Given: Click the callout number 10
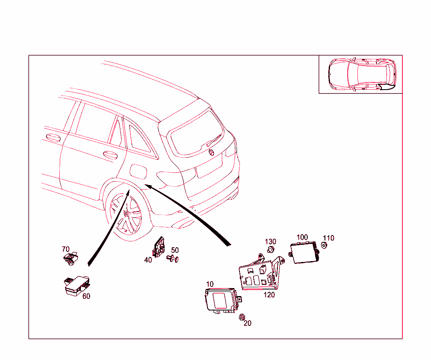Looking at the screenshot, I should tap(210, 285).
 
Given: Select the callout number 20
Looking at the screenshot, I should tap(247, 323).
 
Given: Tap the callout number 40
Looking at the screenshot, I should tap(148, 260).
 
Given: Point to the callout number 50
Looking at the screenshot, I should tap(175, 250).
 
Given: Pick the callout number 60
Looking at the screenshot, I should tap(86, 296).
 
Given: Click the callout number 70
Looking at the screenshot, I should tap(66, 249).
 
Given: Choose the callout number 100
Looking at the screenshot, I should tap(302, 237).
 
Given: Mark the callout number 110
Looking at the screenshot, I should tap(328, 238).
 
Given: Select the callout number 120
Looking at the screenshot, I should tap(269, 295).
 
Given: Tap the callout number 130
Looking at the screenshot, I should tap(270, 241).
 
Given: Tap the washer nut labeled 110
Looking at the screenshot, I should tap(324, 245).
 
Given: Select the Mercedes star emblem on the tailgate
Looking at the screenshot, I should tap(211, 152).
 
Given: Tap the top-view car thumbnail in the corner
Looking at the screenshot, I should tap(361, 74).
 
